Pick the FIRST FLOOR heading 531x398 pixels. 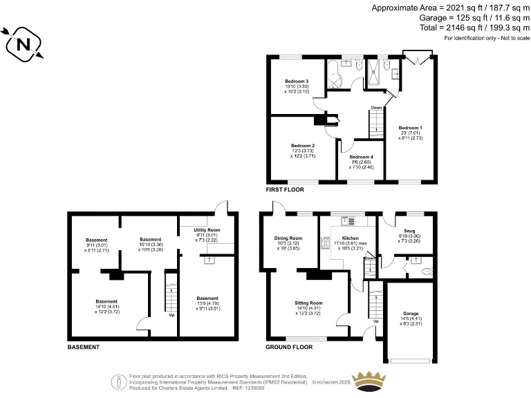[285, 189]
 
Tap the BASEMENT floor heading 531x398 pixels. [84, 347]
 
